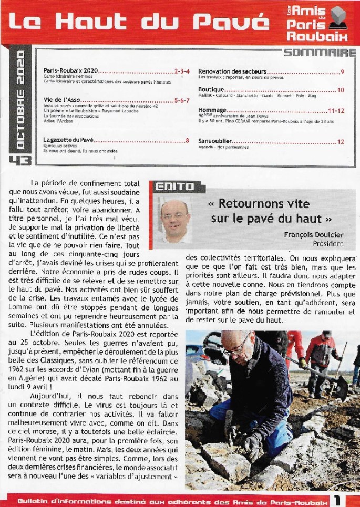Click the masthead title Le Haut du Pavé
pos(136,23)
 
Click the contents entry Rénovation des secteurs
pos(233,71)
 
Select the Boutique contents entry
pos(211,90)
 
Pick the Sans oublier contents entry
pos(215,141)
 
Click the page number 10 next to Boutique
pos(341,90)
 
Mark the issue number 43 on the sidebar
pos(20,160)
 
